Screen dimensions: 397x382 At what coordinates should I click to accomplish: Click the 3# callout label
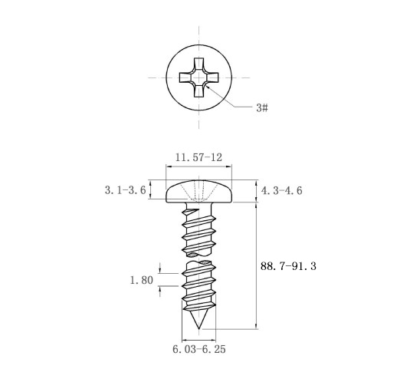(x=262, y=107)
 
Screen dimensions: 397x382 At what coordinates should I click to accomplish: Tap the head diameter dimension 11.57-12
(x=198, y=157)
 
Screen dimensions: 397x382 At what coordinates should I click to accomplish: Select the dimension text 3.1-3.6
(x=125, y=190)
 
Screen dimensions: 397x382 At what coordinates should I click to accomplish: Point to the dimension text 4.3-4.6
(x=281, y=190)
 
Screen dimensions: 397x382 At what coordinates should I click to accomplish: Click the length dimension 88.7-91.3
(x=288, y=266)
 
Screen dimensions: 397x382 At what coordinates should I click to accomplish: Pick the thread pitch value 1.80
(x=142, y=280)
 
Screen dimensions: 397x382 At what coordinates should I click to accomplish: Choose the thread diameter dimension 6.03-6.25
(x=199, y=349)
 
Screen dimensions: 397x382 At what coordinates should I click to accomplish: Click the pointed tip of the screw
(x=198, y=328)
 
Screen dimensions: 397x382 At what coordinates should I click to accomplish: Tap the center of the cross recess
(x=198, y=77)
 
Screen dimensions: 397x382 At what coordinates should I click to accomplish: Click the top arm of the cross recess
(x=198, y=63)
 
